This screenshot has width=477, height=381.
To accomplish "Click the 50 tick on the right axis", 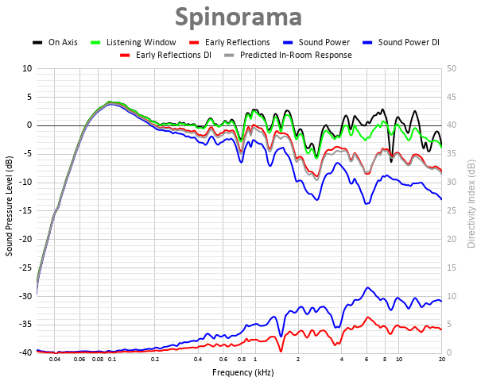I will pos(451,68).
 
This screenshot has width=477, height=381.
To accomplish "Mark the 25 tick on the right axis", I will pos(451,210).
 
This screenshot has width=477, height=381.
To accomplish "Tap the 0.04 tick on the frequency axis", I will pos(55,360).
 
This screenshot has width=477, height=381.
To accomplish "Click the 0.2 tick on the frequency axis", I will pos(155,360).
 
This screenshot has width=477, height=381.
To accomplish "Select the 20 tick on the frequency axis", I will pos(441,360).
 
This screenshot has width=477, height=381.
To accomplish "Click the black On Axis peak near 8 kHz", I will pos(382,110).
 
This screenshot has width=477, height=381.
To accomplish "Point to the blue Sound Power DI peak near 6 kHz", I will pos(367,287).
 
